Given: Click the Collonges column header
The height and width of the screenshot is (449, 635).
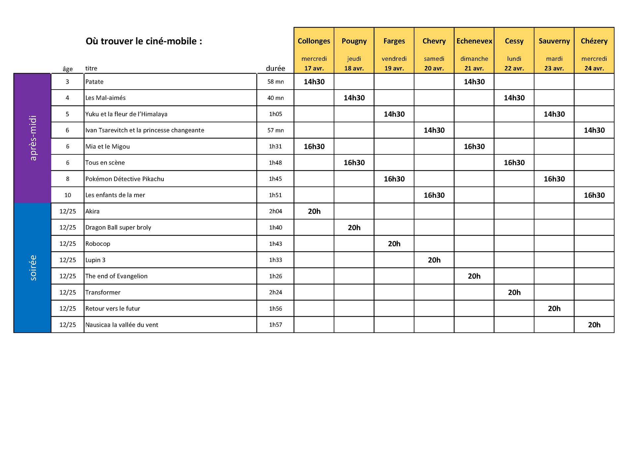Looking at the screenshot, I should coord(314,41).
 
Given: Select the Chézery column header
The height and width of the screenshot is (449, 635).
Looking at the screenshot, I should coord(594,41).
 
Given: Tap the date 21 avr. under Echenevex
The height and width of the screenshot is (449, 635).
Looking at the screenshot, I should coord(474,68).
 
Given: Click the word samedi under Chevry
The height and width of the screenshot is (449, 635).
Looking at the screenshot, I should coord(434,59).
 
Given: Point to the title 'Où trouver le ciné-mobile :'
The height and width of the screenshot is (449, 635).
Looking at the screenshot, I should coord(144,41).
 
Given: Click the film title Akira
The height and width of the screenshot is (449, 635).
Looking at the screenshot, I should coord(92,211).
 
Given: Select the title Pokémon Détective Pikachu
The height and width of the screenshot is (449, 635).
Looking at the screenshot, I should coord(124,179).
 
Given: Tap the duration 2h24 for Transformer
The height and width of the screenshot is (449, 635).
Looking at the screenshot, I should coord(275,292).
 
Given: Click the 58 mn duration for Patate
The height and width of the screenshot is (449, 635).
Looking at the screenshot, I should coord(275,82).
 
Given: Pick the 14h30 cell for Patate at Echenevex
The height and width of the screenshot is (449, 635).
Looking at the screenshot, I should coord(474,82).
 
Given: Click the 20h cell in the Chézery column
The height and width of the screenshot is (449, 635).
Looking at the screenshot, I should coord(594,325).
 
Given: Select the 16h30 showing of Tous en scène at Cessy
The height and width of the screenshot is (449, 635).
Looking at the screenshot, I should coord(514,163).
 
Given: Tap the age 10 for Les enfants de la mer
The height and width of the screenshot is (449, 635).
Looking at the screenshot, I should coord(67,195).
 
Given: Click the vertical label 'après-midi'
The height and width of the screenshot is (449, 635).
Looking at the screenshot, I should coord(33,138).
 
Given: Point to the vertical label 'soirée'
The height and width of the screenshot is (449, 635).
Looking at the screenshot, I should coord(33,268).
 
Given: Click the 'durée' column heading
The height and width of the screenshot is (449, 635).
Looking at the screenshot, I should coord(275,68).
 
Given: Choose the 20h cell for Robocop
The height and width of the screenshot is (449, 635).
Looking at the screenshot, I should coord(394,244).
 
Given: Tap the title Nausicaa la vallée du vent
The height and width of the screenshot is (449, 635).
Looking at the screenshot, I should coord(121,325).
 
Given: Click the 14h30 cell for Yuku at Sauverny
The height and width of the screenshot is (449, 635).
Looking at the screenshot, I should coord(554,114).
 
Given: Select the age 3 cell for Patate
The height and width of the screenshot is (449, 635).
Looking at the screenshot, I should coord(67,82).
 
